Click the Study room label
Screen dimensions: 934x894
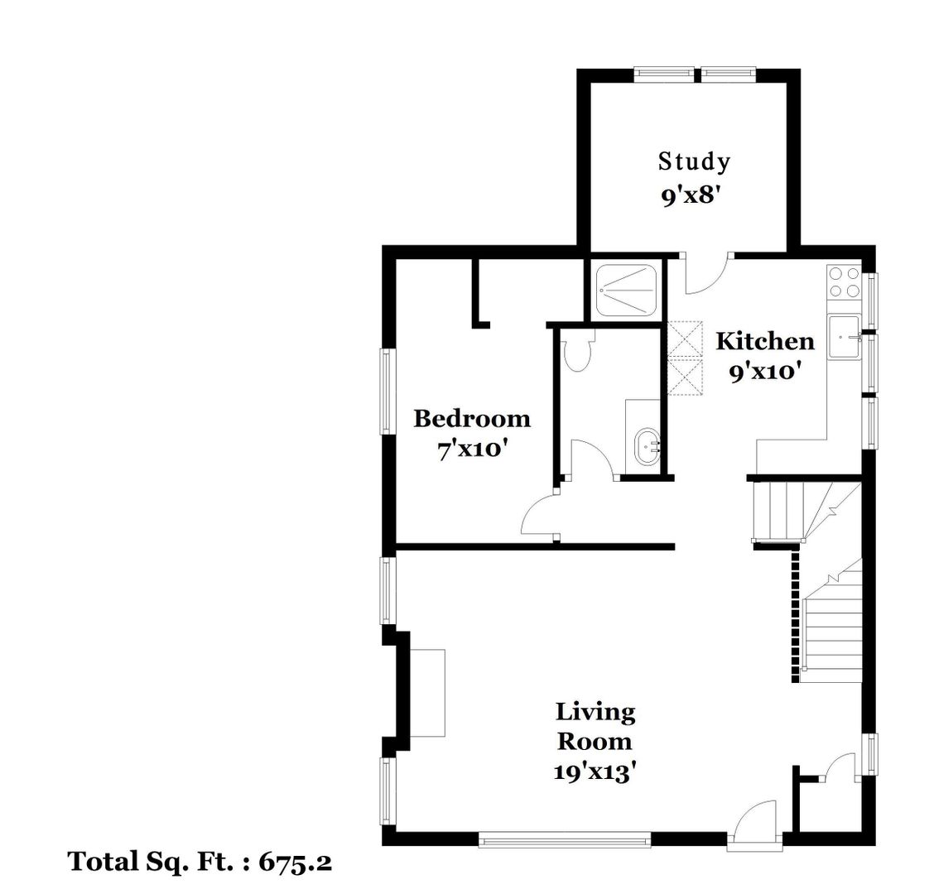[694, 162]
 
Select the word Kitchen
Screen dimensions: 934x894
[765, 341]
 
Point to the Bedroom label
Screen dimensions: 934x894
[472, 419]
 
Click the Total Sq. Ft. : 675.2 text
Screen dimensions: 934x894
[200, 862]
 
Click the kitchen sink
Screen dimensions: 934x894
[844, 337]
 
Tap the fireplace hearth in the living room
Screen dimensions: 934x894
[427, 694]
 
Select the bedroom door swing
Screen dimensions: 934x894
[540, 514]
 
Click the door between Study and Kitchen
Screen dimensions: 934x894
[708, 273]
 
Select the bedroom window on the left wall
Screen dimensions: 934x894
[387, 392]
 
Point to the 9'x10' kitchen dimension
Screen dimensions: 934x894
[764, 372]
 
